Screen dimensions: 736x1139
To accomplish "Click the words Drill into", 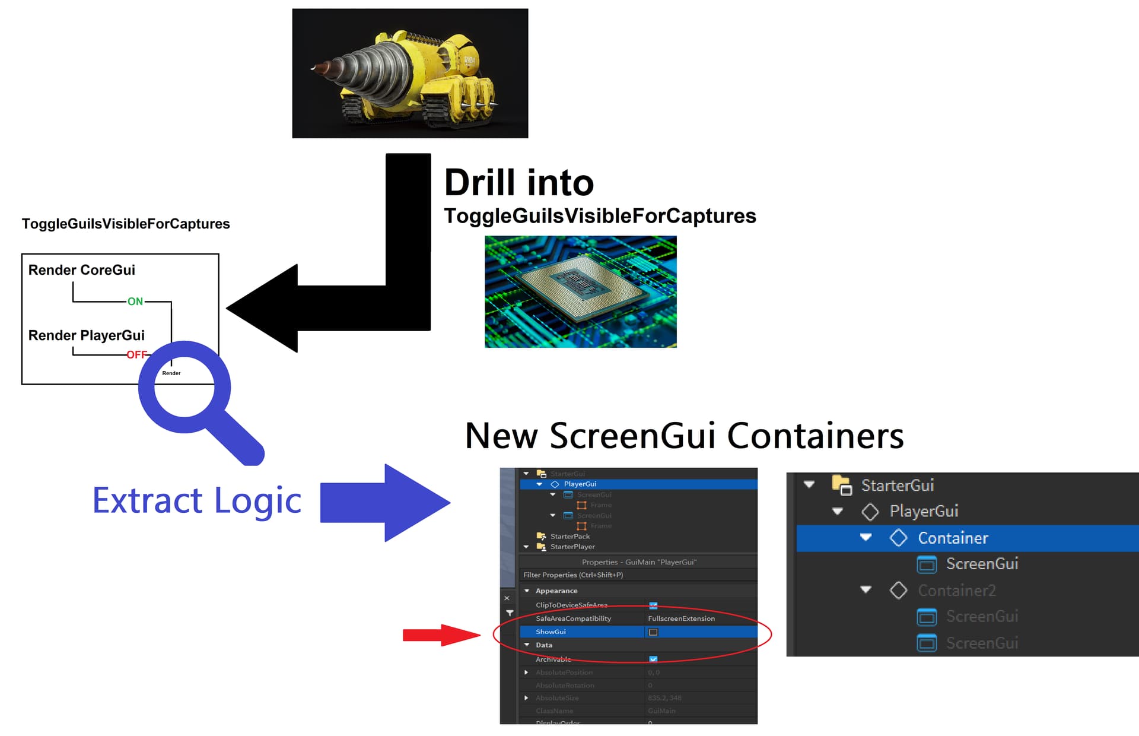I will tap(519, 182).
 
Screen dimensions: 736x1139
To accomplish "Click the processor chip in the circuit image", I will tap(578, 284).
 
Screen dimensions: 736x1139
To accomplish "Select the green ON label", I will tap(135, 302).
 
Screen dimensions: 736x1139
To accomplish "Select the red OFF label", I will tap(136, 354).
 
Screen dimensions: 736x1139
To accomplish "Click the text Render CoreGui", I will tap(82, 270).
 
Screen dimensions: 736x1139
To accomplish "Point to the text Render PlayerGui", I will tap(87, 335).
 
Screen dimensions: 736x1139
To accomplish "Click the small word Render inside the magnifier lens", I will tap(171, 373).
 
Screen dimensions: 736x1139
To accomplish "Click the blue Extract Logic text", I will tap(197, 500).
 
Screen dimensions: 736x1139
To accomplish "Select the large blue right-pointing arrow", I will tap(386, 502).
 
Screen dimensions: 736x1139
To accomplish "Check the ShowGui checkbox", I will tap(653, 632).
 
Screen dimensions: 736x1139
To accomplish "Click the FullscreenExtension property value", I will tap(681, 618).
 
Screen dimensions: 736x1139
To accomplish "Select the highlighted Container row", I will tap(953, 538).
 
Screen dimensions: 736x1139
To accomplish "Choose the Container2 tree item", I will tap(956, 591).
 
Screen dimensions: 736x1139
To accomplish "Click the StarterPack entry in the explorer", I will tap(569, 537).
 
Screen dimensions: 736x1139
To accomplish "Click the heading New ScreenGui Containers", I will tap(684, 436).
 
